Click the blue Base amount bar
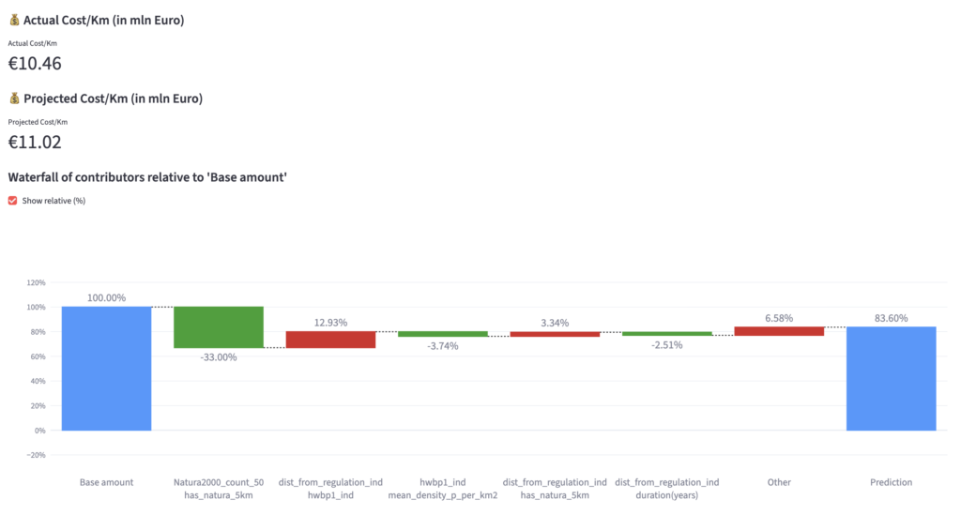[106, 368]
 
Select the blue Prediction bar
[891, 378]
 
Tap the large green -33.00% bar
[219, 327]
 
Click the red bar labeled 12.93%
[330, 340]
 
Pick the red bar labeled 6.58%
[779, 330]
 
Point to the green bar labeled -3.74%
[443, 334]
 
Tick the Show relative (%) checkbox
[12, 200]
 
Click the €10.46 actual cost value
[35, 64]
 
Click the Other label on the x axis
[779, 482]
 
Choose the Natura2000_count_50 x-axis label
[219, 482]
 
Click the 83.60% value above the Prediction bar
[891, 318]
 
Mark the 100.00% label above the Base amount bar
[106, 298]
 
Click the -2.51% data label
[667, 344]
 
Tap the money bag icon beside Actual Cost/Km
[13, 20]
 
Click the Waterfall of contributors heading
[146, 176]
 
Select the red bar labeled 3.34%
[555, 334]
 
